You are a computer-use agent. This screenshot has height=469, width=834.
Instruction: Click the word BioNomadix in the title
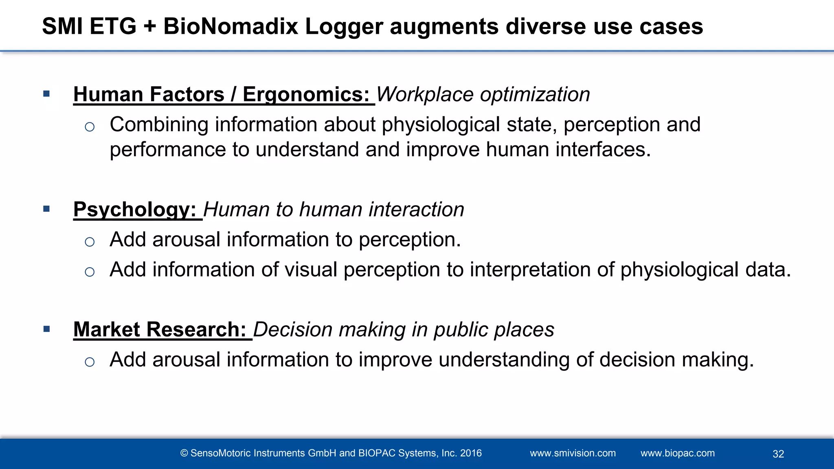(231, 27)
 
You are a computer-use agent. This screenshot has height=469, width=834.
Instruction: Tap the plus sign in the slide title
(150, 27)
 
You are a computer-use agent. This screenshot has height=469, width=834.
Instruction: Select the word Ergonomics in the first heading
(306, 94)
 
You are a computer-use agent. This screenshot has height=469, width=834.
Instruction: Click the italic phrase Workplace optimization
(483, 94)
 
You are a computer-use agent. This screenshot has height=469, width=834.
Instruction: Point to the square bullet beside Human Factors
(46, 94)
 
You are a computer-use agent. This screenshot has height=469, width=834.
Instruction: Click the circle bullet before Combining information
(90, 127)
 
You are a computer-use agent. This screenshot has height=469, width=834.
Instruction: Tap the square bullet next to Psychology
(46, 209)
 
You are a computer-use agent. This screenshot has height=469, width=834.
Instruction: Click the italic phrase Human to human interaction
(334, 210)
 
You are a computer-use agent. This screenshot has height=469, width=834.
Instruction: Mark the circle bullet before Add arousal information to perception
(90, 242)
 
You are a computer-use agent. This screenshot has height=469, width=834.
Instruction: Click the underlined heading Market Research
(160, 329)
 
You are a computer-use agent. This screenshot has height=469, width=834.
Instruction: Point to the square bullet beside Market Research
(46, 329)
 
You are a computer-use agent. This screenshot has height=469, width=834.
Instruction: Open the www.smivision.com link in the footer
(573, 453)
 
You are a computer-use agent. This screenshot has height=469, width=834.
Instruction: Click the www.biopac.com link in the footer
(678, 453)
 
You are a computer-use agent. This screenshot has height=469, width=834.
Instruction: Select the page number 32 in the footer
(778, 454)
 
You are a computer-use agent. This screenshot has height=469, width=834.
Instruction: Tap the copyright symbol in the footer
(184, 453)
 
